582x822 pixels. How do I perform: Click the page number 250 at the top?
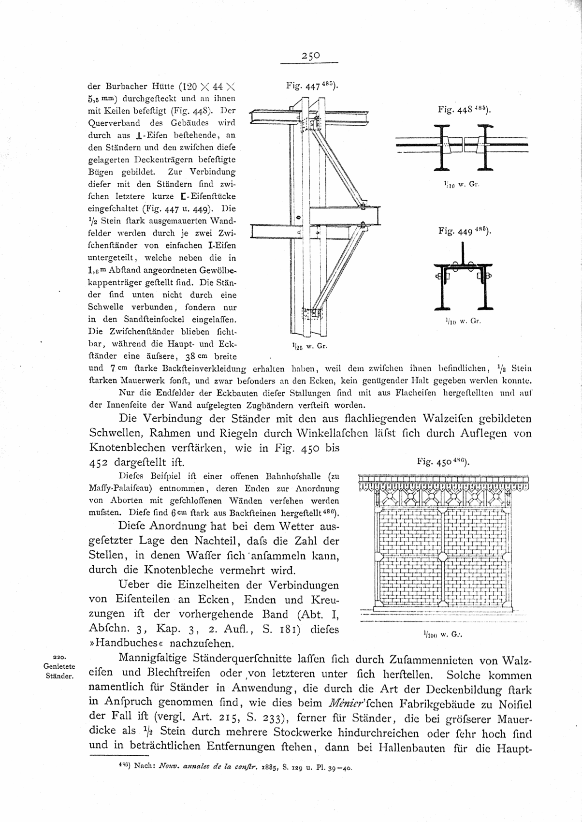pos(311,56)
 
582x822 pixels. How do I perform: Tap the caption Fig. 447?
pos(312,87)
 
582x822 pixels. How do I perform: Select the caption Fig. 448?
pos(465,110)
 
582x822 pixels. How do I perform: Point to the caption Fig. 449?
pos(465,231)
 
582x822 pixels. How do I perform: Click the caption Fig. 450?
pos(444,462)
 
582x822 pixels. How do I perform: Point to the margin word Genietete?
pos(59,666)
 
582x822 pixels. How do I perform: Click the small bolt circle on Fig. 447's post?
pos(298,218)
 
